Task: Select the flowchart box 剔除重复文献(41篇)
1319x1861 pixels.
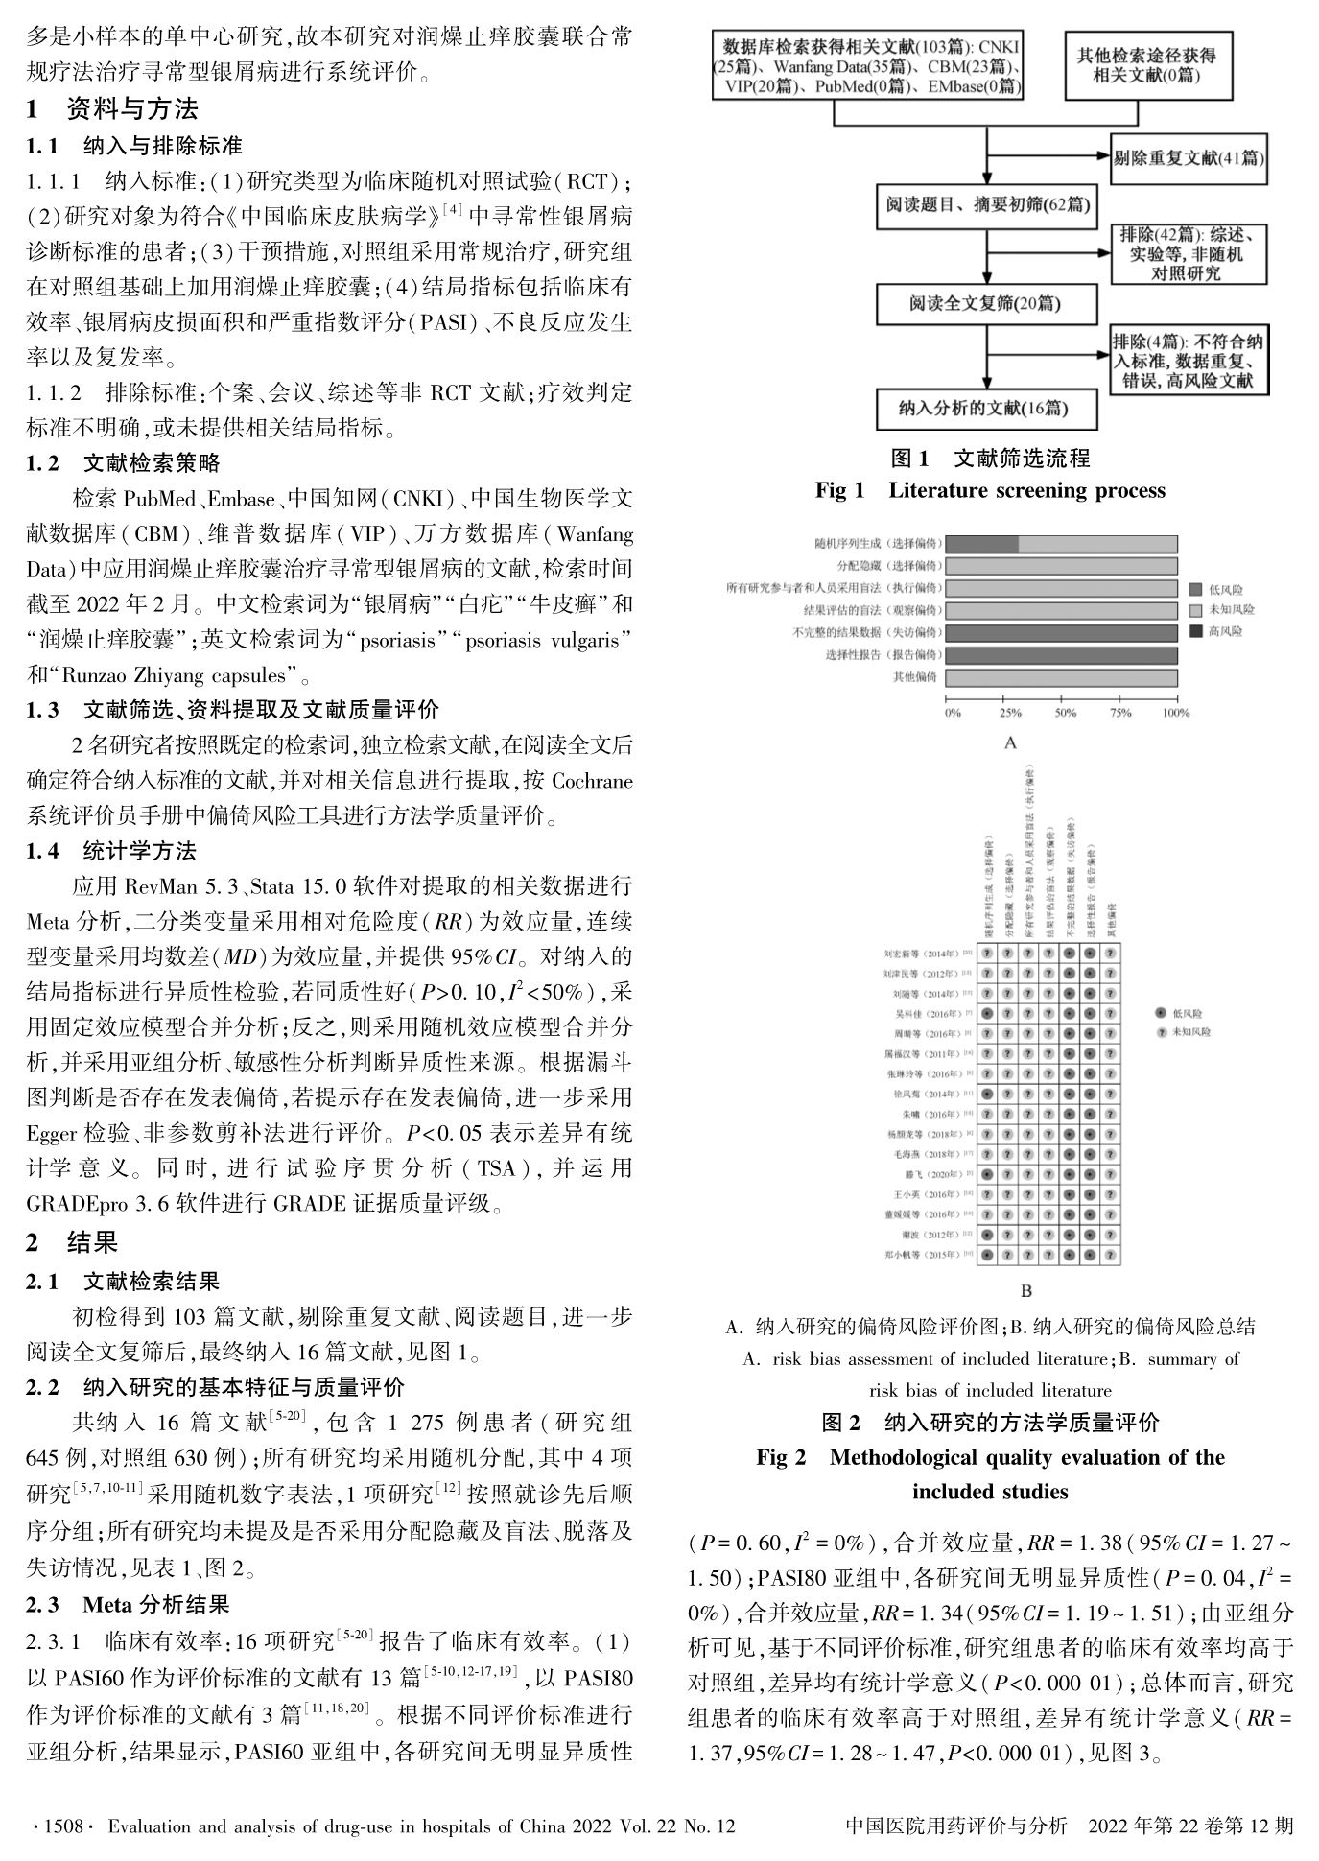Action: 1189,158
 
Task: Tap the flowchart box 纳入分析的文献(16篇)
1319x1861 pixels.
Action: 987,408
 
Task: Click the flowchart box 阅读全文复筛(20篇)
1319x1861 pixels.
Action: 987,305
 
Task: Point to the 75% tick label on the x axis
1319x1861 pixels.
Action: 1120,713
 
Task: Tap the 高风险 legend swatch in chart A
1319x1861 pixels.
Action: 1195,631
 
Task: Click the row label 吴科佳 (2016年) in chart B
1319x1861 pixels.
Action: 925,1013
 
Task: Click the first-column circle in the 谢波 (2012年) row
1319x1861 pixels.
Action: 986,1235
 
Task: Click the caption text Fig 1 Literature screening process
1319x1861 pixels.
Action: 990,490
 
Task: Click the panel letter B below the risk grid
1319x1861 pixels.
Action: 1025,1291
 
